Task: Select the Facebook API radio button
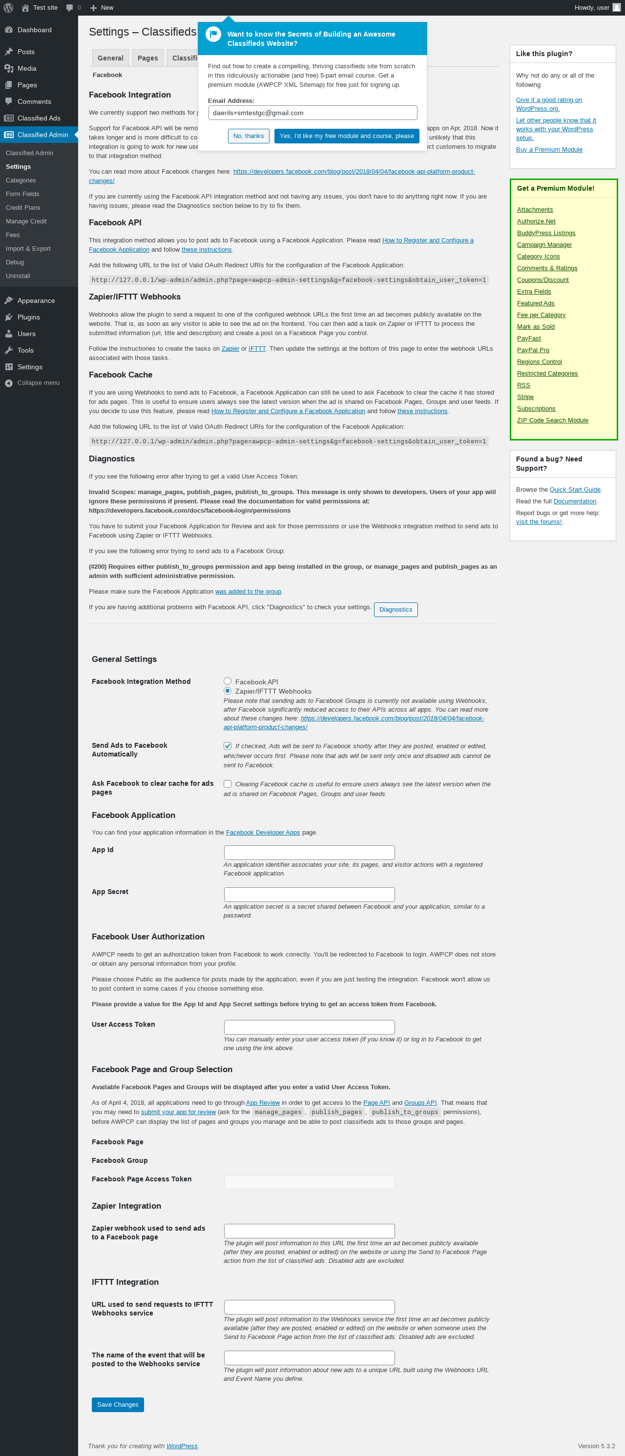228,681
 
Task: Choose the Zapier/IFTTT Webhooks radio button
228,691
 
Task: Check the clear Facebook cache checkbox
228,783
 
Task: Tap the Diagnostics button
396,609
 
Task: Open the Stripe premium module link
525,397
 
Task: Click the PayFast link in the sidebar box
528,338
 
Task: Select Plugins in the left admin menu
28,317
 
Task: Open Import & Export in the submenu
28,249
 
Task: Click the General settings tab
110,58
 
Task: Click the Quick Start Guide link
575,489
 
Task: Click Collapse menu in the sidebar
38,382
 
